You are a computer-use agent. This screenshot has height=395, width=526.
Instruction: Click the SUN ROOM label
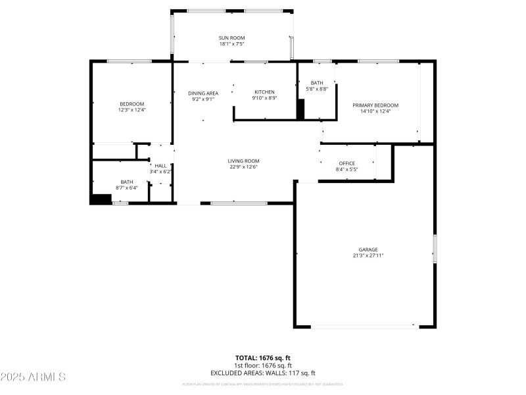click(x=231, y=38)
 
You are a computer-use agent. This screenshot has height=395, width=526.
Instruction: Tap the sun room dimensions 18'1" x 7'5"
click(x=231, y=45)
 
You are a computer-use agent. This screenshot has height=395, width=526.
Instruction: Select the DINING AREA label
click(x=203, y=93)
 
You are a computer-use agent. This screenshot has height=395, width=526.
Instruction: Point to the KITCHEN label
click(x=265, y=92)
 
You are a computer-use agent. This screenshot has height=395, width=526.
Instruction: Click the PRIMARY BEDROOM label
click(x=375, y=105)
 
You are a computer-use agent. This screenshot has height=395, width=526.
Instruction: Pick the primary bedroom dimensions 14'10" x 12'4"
click(x=375, y=111)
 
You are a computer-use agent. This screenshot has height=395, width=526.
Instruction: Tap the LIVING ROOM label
click(x=243, y=161)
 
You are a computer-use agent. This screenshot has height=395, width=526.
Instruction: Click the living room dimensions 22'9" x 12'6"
click(x=243, y=167)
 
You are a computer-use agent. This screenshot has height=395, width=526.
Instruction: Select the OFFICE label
click(x=347, y=163)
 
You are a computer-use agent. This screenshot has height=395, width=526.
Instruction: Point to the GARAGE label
click(x=368, y=250)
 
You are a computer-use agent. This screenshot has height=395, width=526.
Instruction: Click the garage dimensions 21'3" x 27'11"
click(x=368, y=255)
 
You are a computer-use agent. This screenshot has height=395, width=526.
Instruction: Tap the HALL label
click(x=160, y=166)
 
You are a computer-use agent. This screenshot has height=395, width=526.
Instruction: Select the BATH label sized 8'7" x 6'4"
click(x=127, y=182)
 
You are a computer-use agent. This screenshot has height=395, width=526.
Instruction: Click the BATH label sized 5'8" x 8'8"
click(x=317, y=83)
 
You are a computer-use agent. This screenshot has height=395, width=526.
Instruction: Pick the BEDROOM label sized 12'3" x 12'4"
click(x=131, y=104)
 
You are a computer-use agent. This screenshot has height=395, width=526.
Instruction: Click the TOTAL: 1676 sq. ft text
click(x=263, y=358)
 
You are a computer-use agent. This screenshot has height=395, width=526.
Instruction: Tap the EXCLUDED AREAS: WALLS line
click(x=263, y=373)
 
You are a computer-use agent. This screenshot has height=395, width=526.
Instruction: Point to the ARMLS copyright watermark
click(x=33, y=377)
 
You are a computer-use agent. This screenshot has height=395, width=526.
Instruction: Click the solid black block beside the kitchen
click(x=300, y=109)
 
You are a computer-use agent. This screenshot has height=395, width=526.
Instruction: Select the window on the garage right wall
click(x=434, y=248)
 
